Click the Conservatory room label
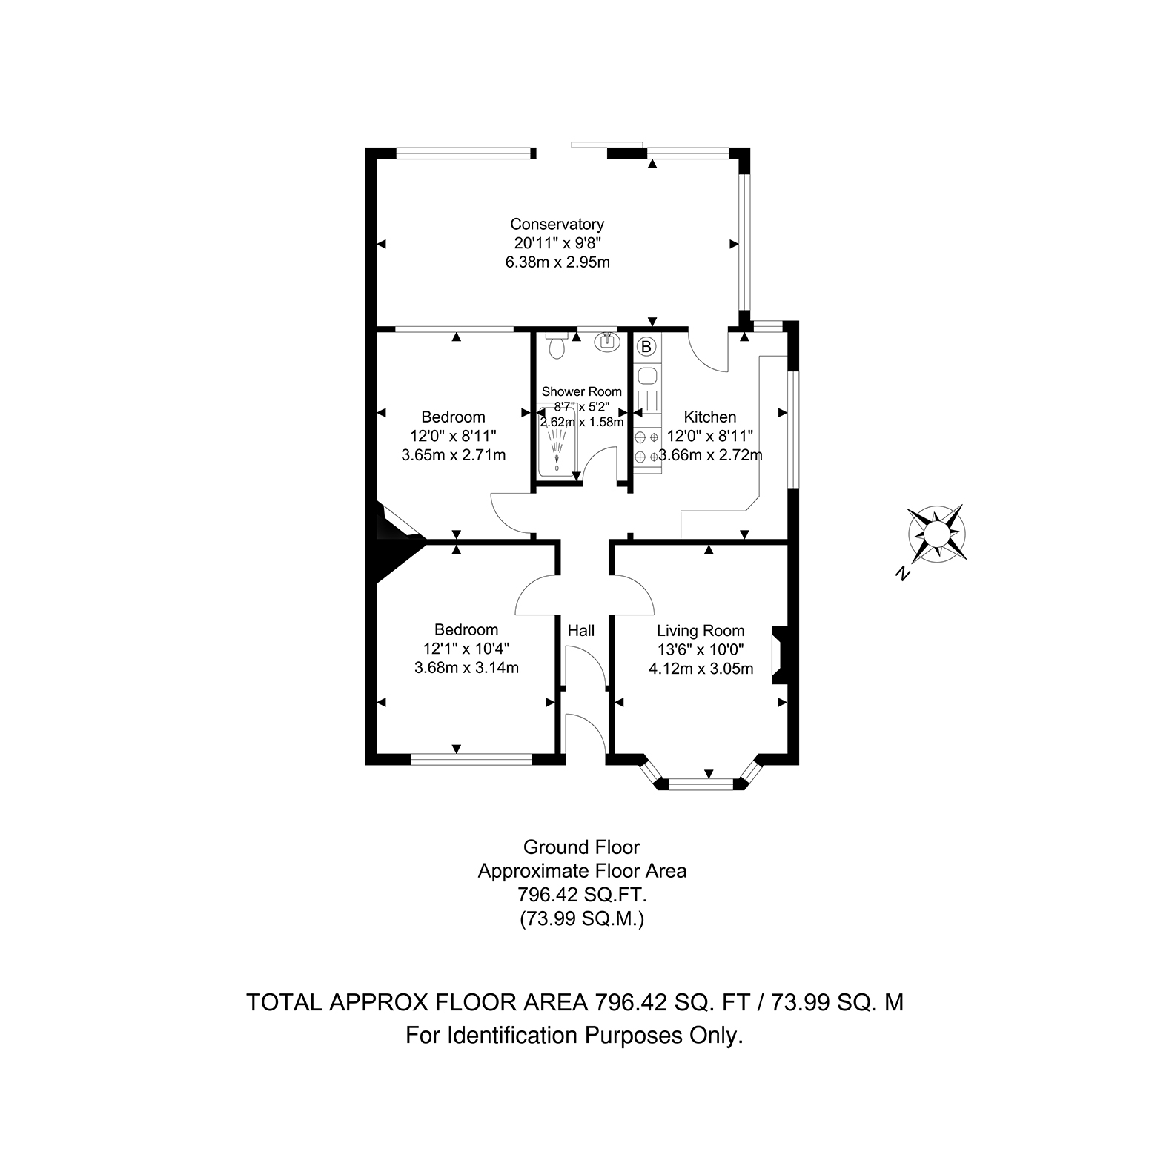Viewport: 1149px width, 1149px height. tap(557, 224)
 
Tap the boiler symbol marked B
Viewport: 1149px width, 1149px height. tap(646, 346)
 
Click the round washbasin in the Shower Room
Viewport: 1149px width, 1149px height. tap(607, 342)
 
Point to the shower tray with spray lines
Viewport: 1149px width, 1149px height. tap(557, 440)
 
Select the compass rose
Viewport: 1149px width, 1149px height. tap(937, 532)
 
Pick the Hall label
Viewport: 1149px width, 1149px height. tap(581, 631)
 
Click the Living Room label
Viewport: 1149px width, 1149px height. tap(701, 631)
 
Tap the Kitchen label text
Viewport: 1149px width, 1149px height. tap(710, 417)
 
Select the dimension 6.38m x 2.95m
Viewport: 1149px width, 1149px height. tap(557, 262)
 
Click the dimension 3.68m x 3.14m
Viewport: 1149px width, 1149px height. tap(466, 667)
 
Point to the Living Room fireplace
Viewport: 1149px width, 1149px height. tap(779, 655)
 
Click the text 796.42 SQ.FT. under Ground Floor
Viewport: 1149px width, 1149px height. tap(582, 895)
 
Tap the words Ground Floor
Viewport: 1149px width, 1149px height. tap(582, 847)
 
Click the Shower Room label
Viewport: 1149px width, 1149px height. tap(582, 391)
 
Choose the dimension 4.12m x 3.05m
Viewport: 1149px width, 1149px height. tap(701, 669)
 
